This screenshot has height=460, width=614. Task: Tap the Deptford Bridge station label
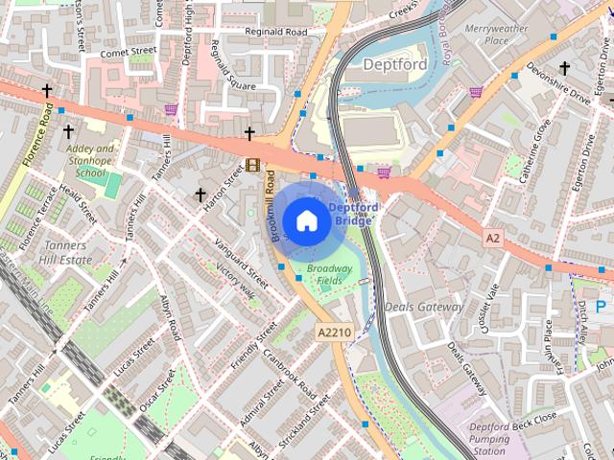click(354, 213)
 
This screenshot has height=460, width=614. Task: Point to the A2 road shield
click(493, 237)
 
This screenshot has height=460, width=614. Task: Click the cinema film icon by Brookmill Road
click(252, 165)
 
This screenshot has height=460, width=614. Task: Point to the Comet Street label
click(128, 52)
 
